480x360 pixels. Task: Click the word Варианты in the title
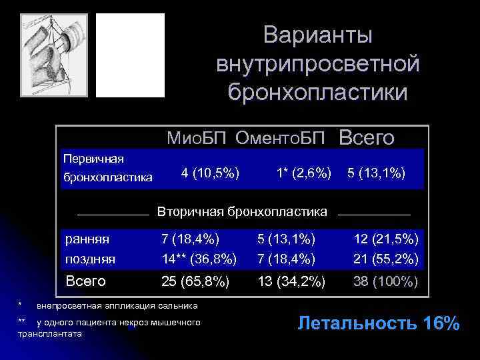(x=317, y=35)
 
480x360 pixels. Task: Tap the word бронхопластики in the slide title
(x=317, y=92)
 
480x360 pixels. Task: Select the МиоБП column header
(x=197, y=138)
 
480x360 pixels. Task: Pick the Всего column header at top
(x=367, y=137)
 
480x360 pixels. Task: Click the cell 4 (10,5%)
(x=211, y=173)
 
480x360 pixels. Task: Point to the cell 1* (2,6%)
(x=303, y=173)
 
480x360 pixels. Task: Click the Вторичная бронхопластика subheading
(x=242, y=212)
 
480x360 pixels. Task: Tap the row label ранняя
(x=87, y=238)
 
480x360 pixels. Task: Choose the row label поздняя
(x=90, y=258)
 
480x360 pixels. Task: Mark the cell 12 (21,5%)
(x=386, y=238)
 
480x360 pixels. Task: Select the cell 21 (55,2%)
(x=386, y=258)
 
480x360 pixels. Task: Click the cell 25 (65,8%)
(x=196, y=281)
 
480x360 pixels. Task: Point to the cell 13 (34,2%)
(x=292, y=281)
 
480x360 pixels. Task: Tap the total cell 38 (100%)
(x=386, y=281)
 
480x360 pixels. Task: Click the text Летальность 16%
(x=379, y=324)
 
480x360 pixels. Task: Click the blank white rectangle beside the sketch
(x=130, y=55)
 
